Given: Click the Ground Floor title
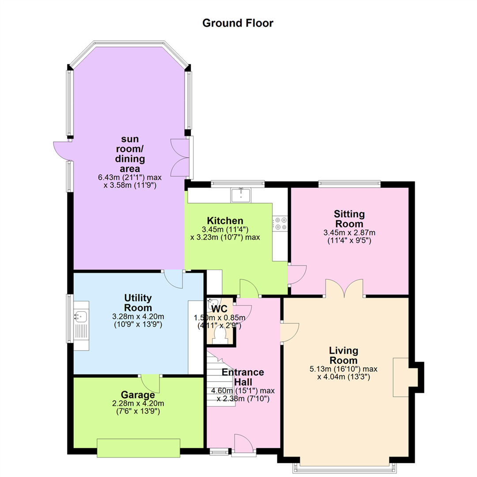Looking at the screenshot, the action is tap(238, 23).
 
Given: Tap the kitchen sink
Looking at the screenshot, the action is tap(241, 195).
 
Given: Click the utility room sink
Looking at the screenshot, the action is tap(81, 317).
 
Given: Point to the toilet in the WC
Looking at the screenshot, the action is tap(220, 337).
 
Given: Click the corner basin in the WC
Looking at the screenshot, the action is tap(212, 303).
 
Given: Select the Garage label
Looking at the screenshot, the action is tap(138, 394).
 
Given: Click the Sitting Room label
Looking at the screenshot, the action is tap(349, 219).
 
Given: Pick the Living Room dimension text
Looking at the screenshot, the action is tap(344, 373).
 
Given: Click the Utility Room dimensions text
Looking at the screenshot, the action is tap(138, 320).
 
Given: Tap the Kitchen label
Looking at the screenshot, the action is tap(225, 220).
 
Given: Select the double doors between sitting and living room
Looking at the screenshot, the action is tap(344, 288).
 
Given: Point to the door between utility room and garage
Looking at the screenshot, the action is tap(151, 384).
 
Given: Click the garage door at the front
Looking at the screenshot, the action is tap(138, 448).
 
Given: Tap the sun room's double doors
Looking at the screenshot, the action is tap(180, 158).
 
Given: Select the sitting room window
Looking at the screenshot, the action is tap(349, 183).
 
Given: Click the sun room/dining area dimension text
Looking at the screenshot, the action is tap(130, 182).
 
